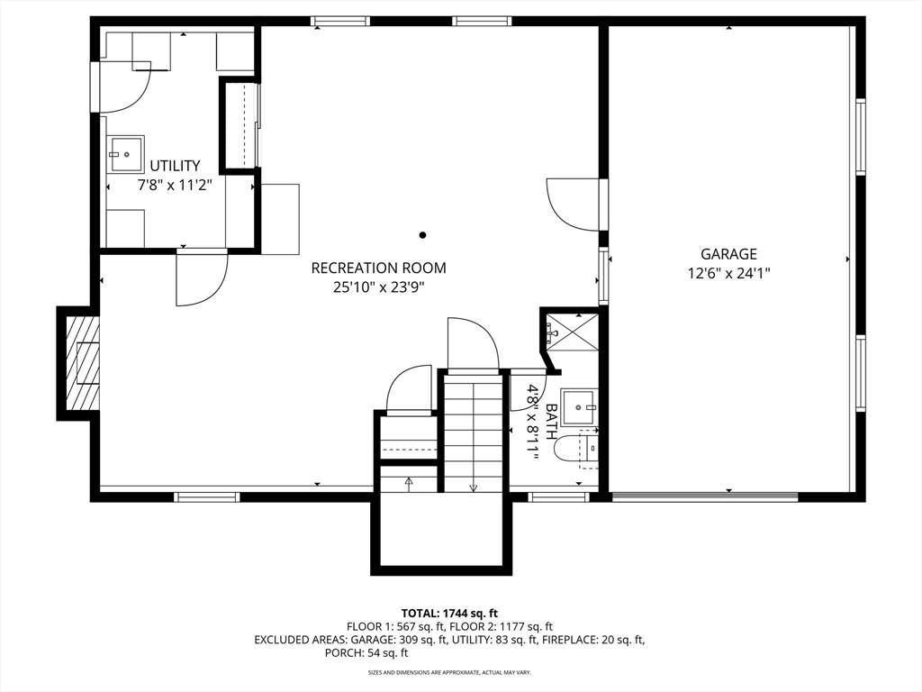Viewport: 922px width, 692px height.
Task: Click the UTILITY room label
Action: pos(175,166)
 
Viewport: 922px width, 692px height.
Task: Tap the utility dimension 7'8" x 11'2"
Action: pos(174,186)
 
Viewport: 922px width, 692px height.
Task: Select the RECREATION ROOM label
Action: pos(379,269)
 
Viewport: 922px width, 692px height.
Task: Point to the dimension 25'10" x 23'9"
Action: pos(379,287)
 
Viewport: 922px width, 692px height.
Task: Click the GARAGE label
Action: pos(728,254)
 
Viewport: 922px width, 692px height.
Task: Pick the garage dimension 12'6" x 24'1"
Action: pos(728,274)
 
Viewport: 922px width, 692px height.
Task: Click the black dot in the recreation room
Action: pos(422,235)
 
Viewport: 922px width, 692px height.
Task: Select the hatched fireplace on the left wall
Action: pos(82,363)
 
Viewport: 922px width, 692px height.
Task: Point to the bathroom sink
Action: pos(579,407)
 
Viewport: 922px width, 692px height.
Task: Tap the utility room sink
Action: pos(125,154)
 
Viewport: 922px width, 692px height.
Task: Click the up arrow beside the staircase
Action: pos(409,484)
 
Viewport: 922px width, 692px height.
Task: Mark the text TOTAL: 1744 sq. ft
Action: pos(449,614)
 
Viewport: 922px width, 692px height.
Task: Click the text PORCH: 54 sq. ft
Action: pos(366,652)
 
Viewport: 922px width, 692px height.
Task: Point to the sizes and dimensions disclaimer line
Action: pos(449,672)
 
